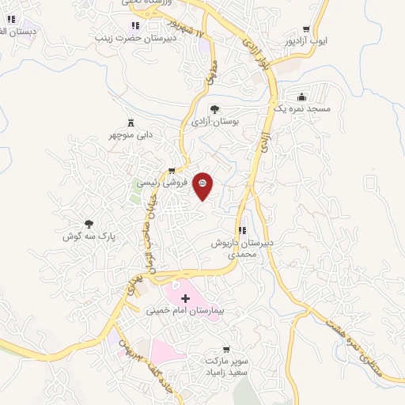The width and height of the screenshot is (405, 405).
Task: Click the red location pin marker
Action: [202, 184]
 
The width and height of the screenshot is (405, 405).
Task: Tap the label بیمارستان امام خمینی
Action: [186, 311]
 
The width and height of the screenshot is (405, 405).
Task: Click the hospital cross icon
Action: [186, 298]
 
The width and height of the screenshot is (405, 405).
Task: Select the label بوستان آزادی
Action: [215, 123]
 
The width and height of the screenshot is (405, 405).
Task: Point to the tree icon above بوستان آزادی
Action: [215, 109]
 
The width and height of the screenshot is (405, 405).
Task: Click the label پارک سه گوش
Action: [89, 237]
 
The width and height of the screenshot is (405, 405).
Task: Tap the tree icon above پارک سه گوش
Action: [89, 224]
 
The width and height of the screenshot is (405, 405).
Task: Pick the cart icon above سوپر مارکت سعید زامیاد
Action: [227, 348]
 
